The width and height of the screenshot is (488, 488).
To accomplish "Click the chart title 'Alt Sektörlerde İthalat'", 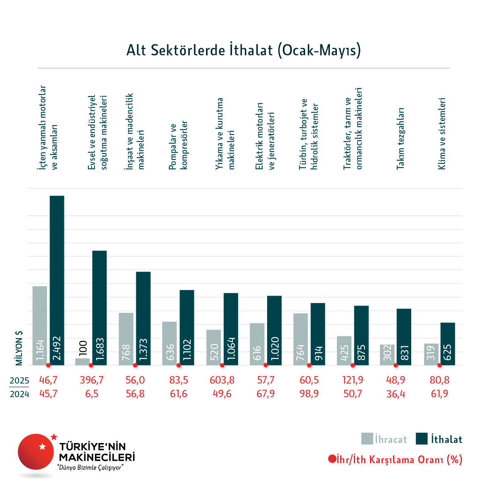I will [244, 50].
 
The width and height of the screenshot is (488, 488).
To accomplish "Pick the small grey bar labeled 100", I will [83, 361].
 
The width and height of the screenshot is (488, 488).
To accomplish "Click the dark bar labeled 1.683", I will [99, 308].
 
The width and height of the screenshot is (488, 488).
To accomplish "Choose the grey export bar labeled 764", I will [301, 339].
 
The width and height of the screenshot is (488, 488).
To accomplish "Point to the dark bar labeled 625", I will [448, 343].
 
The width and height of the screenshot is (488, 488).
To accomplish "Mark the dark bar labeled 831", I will [404, 336].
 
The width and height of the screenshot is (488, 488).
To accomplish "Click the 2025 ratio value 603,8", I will [222, 380].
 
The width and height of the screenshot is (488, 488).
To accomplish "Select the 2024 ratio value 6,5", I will [92, 394].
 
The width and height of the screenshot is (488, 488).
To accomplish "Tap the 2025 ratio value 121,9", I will [353, 380].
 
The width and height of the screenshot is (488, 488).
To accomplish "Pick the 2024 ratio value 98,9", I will [309, 394].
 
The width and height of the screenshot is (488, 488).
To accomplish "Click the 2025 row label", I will [19, 380].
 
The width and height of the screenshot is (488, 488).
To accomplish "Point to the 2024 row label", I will [19, 394].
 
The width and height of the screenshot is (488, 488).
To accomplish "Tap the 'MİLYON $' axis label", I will [19, 348].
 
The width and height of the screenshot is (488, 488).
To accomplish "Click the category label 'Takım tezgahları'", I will [400, 138].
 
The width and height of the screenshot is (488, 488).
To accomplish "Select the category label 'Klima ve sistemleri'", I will [442, 134].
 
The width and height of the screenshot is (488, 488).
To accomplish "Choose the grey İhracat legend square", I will [367, 438].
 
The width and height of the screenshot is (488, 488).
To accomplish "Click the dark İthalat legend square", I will [422, 438].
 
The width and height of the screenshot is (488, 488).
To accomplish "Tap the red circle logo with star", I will [36, 451].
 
